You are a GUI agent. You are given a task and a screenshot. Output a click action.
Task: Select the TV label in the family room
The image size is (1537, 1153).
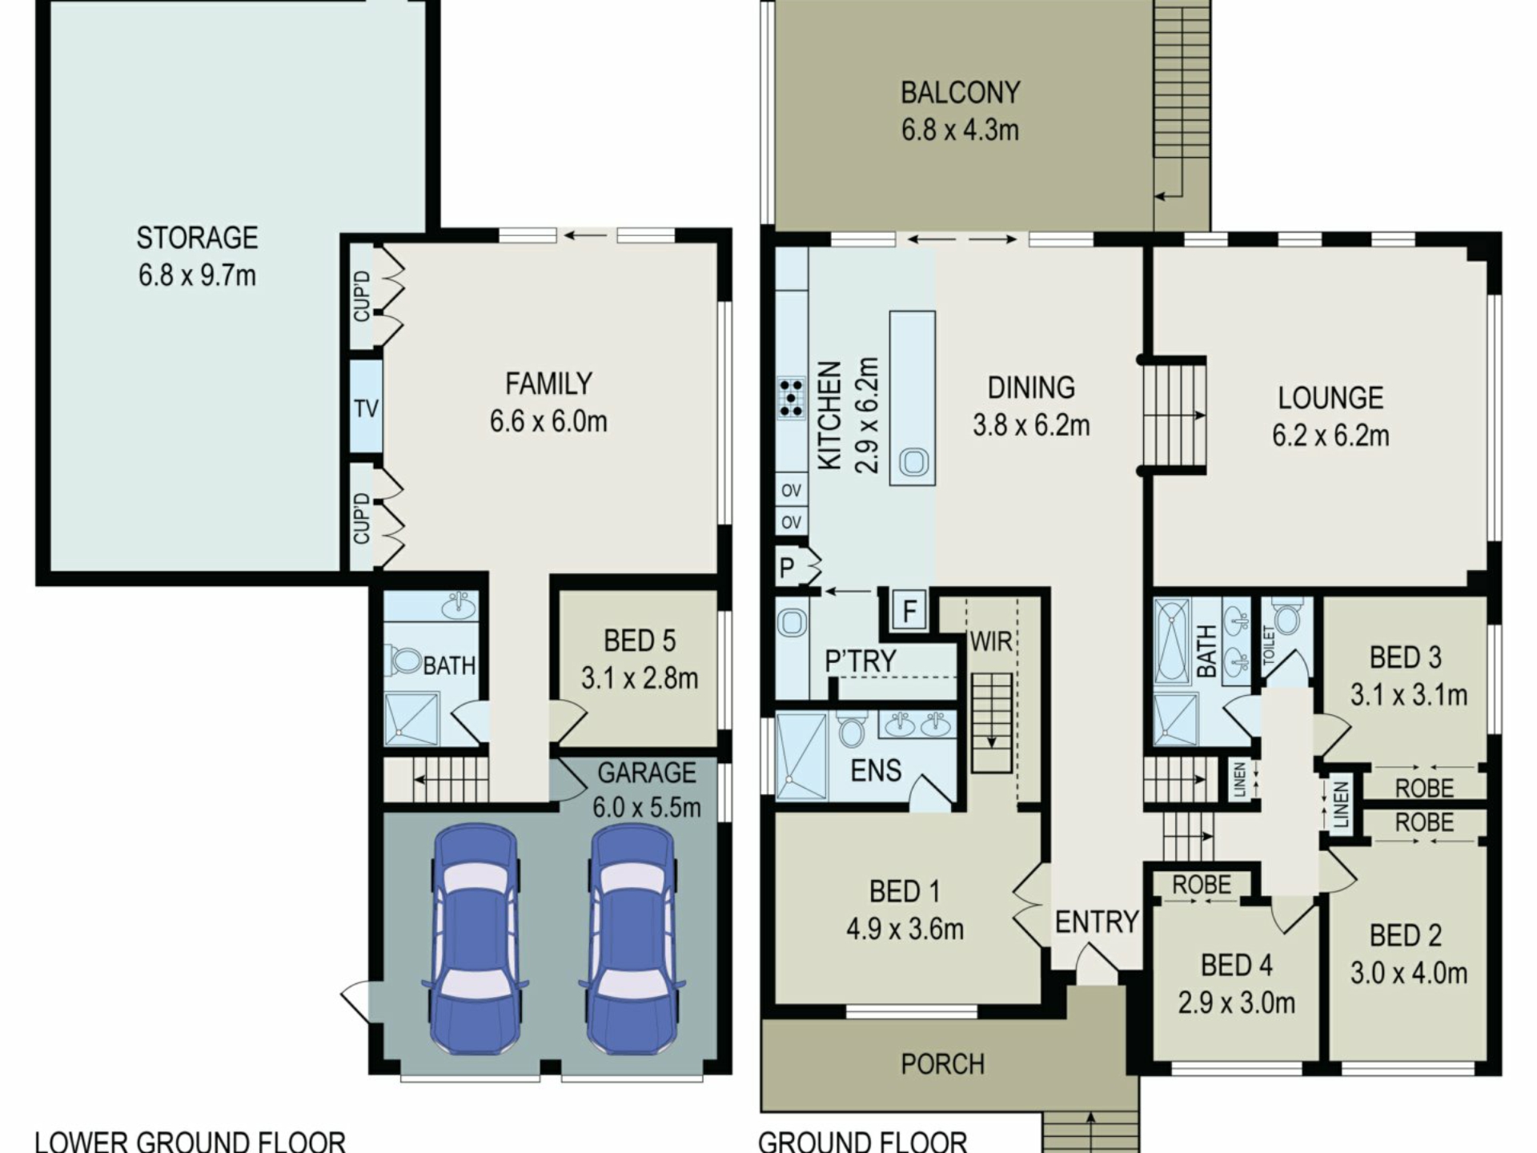pyautogui.click(x=366, y=408)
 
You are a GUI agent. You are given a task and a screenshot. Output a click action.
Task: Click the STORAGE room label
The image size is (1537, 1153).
pyautogui.click(x=197, y=238)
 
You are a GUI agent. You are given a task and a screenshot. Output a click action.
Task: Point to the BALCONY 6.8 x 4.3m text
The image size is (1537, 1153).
pyautogui.click(x=960, y=111)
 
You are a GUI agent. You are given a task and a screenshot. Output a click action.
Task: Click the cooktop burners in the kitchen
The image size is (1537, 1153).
pyautogui.click(x=791, y=397)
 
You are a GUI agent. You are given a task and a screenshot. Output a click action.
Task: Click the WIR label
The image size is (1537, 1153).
pyautogui.click(x=991, y=641)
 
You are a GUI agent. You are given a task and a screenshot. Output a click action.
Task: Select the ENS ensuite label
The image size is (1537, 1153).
pyautogui.click(x=876, y=770)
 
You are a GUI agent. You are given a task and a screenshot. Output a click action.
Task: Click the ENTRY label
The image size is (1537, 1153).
pyautogui.click(x=1097, y=922)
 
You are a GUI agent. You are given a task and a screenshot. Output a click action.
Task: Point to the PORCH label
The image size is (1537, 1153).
pyautogui.click(x=942, y=1064)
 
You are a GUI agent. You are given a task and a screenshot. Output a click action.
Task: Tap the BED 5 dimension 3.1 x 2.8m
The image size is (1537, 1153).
pyautogui.click(x=640, y=678)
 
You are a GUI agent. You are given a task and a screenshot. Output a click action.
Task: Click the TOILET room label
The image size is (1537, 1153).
pyautogui.click(x=1267, y=645)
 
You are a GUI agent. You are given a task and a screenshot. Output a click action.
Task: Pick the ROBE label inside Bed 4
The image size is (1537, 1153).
pyautogui.click(x=1202, y=885)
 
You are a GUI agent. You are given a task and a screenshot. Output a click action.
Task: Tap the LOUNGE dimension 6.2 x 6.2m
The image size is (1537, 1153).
pyautogui.click(x=1330, y=436)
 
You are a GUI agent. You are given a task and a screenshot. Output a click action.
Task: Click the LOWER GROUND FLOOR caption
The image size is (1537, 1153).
pyautogui.click(x=191, y=1141)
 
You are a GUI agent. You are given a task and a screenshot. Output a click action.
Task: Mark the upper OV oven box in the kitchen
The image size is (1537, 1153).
pyautogui.click(x=791, y=490)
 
